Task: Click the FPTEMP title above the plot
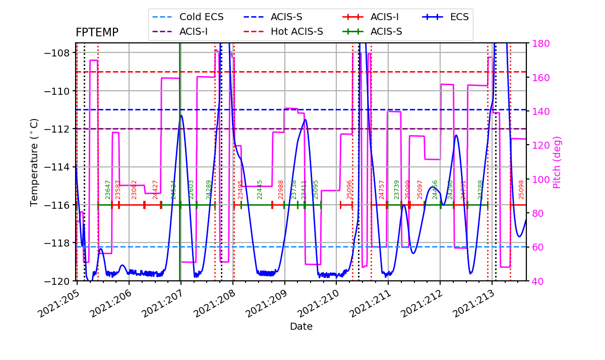pos(97,33)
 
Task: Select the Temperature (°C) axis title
pos(34,162)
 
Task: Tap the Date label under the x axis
pos(301,327)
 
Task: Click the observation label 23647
pos(108,190)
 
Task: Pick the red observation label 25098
pos(521,190)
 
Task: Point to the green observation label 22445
pos(260,190)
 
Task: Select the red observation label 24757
pos(382,190)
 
